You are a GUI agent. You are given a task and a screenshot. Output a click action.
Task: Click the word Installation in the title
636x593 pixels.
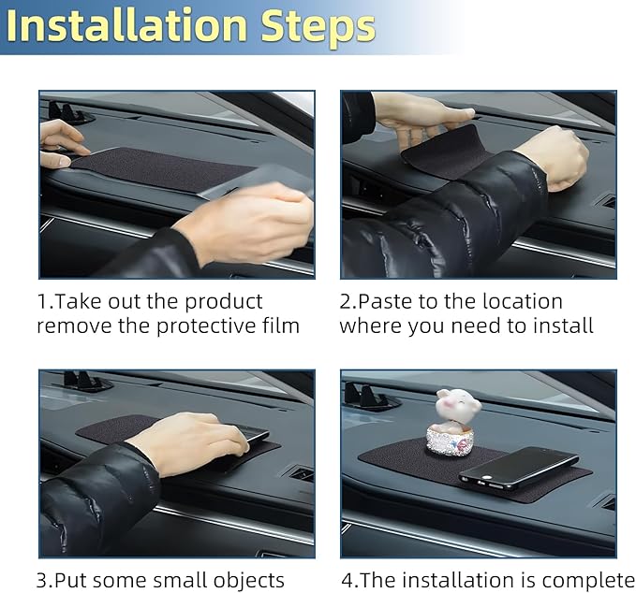point(126,26)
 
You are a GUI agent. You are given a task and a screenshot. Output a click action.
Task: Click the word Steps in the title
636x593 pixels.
point(318,28)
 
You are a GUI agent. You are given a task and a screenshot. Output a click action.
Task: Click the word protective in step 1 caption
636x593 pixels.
point(206,326)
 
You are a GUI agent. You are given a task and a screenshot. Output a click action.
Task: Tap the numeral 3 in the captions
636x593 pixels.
point(42,581)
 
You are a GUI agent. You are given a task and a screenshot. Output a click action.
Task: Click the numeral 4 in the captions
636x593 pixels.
point(348,581)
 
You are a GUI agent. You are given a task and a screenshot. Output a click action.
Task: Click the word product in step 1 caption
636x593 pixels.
point(224,302)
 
